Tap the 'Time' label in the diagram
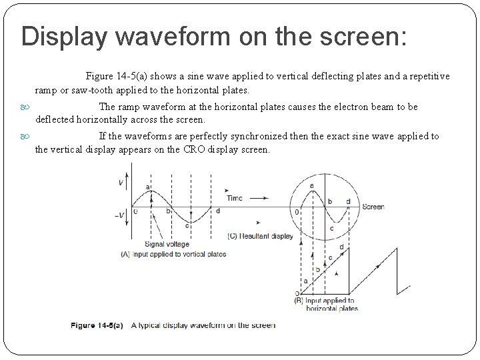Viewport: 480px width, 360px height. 234,198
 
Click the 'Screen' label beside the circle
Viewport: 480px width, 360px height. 373,207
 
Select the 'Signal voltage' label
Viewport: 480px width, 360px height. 167,244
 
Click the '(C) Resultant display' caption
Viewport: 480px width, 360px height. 260,236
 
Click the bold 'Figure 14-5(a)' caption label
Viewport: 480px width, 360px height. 97,325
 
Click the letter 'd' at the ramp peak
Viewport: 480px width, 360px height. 341,247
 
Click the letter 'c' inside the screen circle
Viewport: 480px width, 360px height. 331,228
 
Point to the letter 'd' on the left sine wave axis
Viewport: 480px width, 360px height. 217,211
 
